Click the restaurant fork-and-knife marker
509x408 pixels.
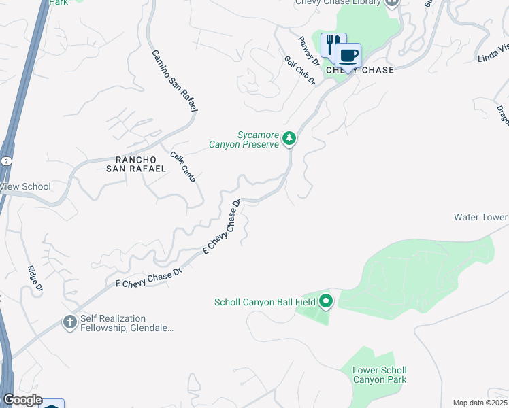[x=331, y=45]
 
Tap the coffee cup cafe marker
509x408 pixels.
[x=348, y=56]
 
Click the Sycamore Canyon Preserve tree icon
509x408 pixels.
[x=289, y=139]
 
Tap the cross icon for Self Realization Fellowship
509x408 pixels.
[x=69, y=322]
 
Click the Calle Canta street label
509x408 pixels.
[x=184, y=167]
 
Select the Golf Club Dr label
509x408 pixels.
[x=300, y=70]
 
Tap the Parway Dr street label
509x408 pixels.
[x=308, y=50]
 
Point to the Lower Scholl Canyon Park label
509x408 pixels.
[x=380, y=375]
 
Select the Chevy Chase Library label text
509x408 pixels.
[x=338, y=3]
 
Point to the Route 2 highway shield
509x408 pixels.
[x=5, y=160]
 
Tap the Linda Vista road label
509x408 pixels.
[x=493, y=50]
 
